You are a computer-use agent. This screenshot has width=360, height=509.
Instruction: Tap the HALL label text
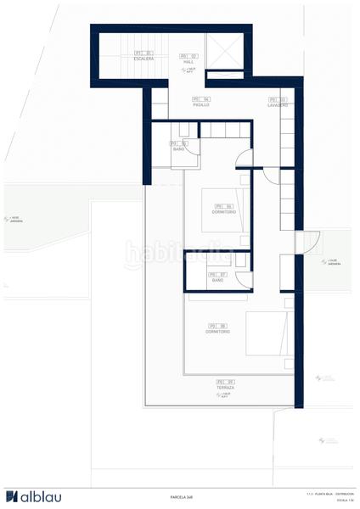pos(188,59)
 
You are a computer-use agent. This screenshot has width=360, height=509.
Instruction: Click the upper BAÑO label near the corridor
pos(178,147)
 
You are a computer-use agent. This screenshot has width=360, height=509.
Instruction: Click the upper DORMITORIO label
pos(223,209)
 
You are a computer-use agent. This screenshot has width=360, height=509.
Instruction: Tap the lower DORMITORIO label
pos(217,328)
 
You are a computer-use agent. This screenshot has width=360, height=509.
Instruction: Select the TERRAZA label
pos(225,384)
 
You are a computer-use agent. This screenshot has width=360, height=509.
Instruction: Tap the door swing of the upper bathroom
pos(194,149)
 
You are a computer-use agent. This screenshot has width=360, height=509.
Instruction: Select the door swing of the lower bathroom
pos(243,280)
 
